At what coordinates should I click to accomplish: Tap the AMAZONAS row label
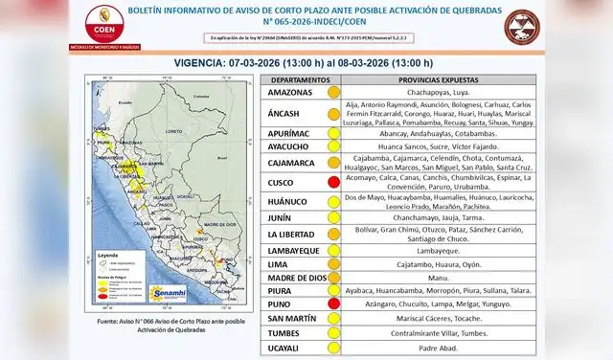point(292,93)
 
